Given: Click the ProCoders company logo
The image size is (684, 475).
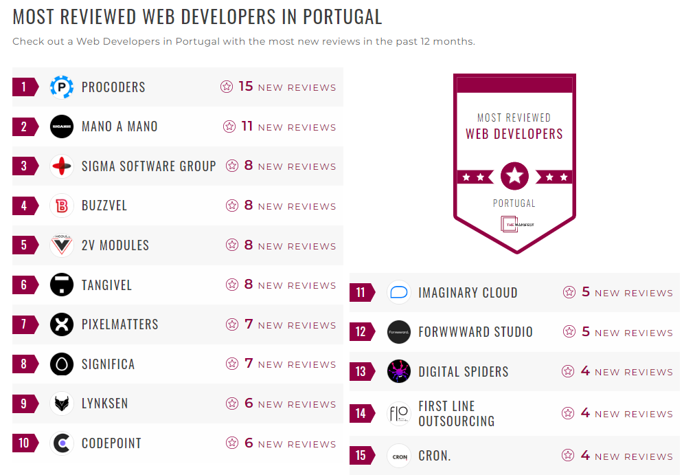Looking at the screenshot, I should [x=62, y=87].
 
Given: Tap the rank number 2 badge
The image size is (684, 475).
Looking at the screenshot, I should [x=25, y=126].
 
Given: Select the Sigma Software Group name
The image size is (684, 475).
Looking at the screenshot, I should [x=148, y=166].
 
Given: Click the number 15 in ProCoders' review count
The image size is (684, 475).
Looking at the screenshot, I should [x=246, y=87].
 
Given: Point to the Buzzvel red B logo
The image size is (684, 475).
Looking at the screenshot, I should [x=62, y=206].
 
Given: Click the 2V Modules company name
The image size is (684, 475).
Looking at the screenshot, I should [x=115, y=245].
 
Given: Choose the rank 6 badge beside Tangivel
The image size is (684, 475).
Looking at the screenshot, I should [x=25, y=285].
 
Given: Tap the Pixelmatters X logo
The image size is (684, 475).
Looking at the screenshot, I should [x=62, y=324].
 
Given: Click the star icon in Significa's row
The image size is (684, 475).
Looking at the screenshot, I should [x=232, y=364].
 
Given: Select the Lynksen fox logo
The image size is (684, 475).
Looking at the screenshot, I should [x=62, y=404].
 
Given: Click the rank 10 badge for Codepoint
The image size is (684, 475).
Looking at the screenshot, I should [x=25, y=443].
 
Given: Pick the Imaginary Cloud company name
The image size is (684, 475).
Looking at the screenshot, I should [x=468, y=293].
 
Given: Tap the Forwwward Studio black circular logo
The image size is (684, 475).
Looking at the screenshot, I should [x=399, y=332].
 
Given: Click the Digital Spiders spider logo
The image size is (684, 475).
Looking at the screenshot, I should [x=399, y=372].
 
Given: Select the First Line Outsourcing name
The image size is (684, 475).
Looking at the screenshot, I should [x=456, y=414].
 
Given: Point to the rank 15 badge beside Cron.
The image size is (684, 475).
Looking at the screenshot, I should [x=361, y=456].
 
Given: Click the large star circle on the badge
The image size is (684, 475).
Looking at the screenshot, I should [x=514, y=177].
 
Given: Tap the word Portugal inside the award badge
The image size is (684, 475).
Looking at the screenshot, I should [x=514, y=203].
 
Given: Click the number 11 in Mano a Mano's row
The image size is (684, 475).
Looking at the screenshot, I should [x=247, y=126].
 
